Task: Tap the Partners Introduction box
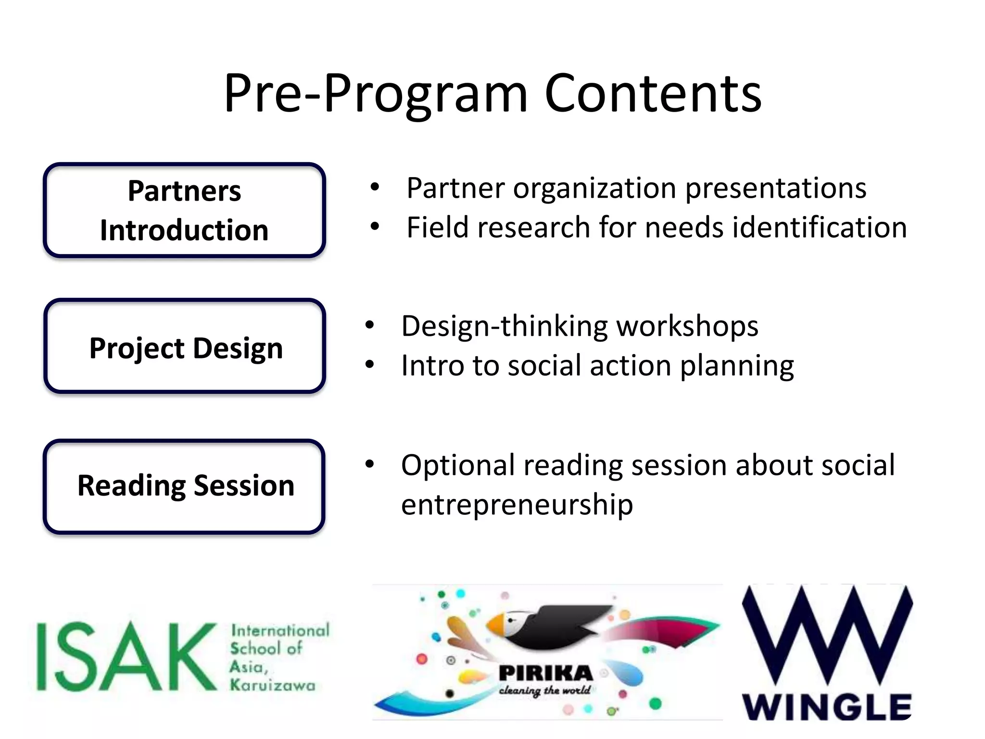click(x=184, y=210)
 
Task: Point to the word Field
click(x=437, y=227)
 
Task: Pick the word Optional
click(x=458, y=466)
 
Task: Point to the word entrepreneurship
click(x=517, y=505)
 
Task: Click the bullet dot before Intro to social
click(x=369, y=365)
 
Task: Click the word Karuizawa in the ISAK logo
click(x=273, y=685)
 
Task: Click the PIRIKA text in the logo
click(x=546, y=673)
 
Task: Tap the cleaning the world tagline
click(x=544, y=690)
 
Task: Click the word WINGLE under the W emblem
click(x=827, y=707)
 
